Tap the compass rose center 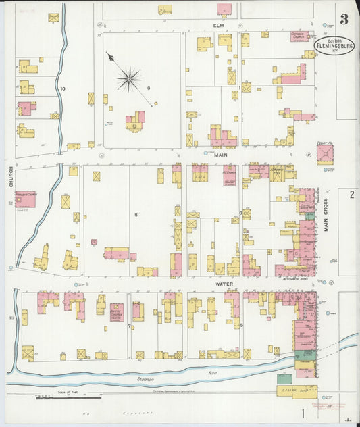pyautogui.click(x=128, y=79)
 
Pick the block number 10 pyautogui.click(x=62, y=89)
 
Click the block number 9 pyautogui.click(x=147, y=89)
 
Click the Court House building pyautogui.click(x=326, y=155)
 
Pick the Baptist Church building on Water pyautogui.click(x=117, y=311)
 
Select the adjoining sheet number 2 pyautogui.click(x=351, y=195)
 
